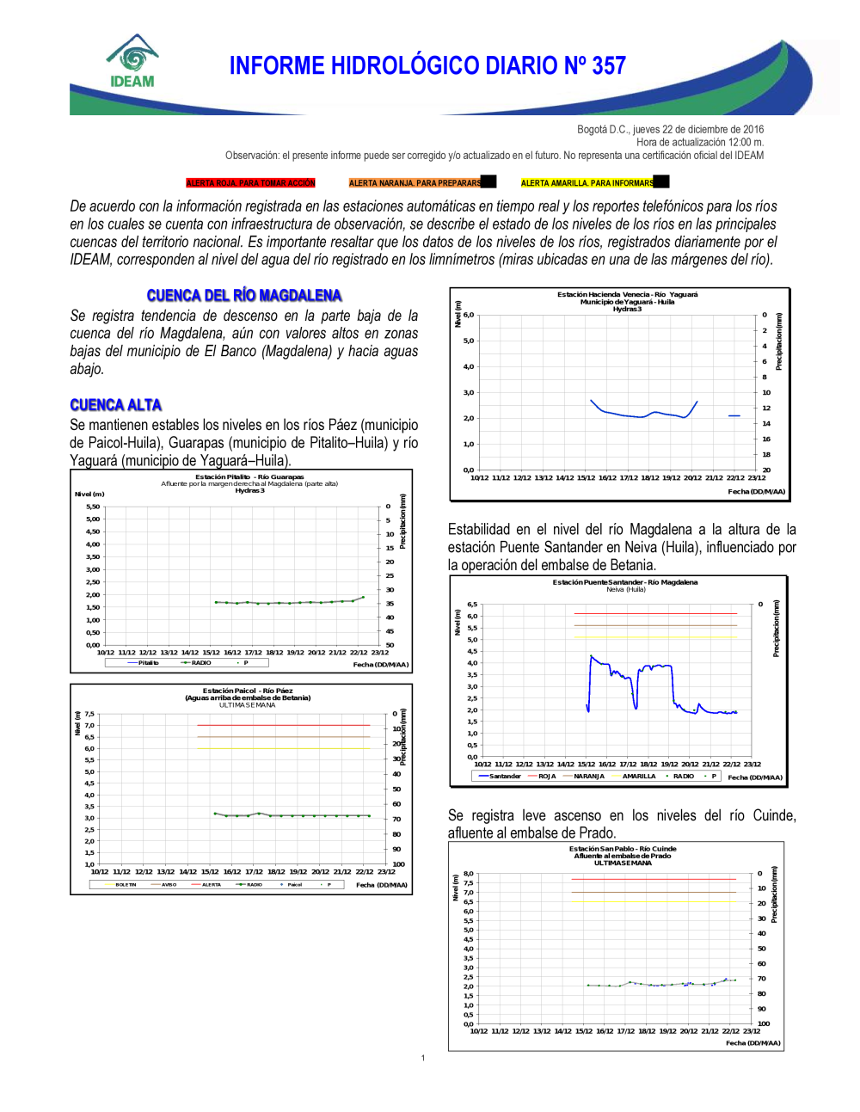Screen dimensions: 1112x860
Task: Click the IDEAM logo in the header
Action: pos(132,62)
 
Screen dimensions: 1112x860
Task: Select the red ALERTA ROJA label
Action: pos(251,183)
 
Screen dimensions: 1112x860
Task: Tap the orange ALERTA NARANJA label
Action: pos(415,183)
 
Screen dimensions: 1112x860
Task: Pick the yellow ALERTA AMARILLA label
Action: pos(587,183)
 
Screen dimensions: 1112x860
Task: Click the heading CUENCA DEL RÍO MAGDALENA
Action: pos(244,296)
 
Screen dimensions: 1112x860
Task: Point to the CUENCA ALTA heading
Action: pos(116,405)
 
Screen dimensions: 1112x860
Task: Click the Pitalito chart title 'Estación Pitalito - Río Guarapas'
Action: pos(249,476)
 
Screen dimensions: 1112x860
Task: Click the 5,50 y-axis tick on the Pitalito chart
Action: pos(93,507)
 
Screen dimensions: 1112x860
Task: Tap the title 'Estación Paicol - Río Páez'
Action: pos(248,691)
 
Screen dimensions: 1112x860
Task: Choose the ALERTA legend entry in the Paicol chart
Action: pos(212,884)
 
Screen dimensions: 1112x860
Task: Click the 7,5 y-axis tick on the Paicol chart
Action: pos(89,714)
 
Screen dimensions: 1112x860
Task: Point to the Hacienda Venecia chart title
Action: pos(627,294)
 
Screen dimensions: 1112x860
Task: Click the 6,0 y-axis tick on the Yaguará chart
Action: pos(469,315)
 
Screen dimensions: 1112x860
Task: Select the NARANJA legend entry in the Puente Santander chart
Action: pos(589,776)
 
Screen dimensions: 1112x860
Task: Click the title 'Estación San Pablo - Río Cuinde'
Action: pos(622,849)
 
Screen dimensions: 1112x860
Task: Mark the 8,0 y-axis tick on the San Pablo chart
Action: pos(469,874)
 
